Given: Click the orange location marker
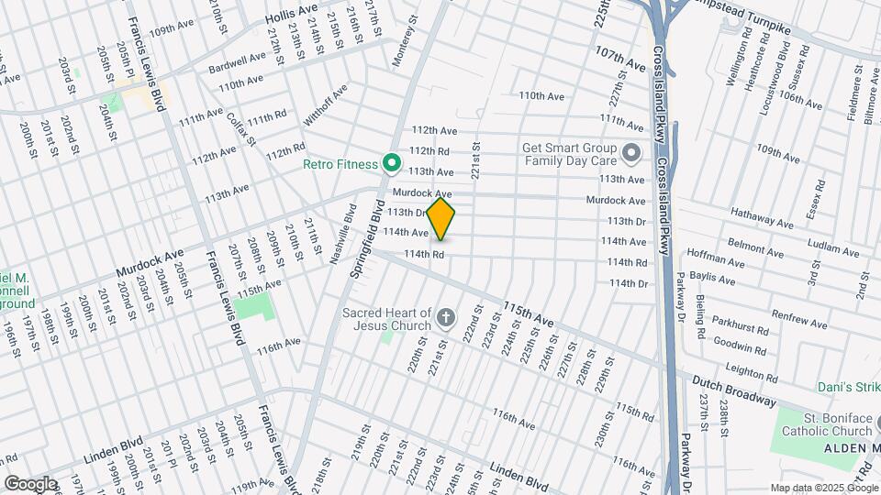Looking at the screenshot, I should click(440, 219).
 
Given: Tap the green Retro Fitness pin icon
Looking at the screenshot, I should click(391, 164).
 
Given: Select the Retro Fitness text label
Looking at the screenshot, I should click(340, 166).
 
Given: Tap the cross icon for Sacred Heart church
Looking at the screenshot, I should click(446, 319).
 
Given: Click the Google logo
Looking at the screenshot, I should click(30, 483).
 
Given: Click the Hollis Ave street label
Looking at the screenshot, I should click(291, 14).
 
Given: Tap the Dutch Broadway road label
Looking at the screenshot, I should click(735, 392).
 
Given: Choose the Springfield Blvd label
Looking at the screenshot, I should click(366, 244).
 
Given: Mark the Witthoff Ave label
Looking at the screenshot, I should click(328, 105).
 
